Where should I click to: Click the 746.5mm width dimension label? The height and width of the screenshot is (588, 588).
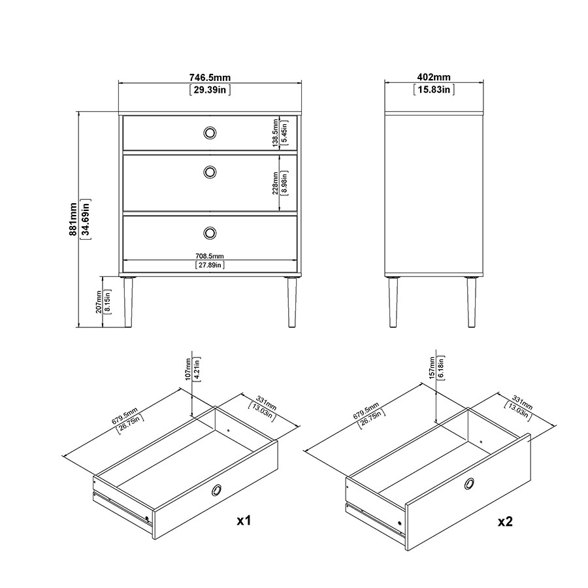point(210,78)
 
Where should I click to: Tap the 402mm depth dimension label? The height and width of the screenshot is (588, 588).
point(434,77)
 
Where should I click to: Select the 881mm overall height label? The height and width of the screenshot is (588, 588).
point(73,220)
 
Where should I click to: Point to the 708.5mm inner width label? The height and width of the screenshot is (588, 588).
point(210,256)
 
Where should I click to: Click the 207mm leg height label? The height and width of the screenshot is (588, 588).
point(99,302)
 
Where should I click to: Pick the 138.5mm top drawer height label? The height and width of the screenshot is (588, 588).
point(276,133)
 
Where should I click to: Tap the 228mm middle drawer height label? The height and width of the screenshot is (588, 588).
point(276,184)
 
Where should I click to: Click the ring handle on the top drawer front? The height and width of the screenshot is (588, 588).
point(210,133)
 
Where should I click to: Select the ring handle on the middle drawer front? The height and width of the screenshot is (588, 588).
point(210,172)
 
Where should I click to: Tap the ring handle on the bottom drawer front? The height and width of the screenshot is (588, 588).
point(210,233)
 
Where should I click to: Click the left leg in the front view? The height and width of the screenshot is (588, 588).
point(128,302)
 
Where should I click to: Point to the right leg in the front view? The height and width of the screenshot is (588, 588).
point(291,302)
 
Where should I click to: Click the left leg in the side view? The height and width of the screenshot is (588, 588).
point(393,302)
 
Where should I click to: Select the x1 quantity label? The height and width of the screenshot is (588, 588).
point(244,520)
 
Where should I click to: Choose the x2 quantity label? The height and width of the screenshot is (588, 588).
point(505,521)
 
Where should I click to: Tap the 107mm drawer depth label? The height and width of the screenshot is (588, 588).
point(188,369)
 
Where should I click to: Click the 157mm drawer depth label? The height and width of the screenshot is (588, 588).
point(432,368)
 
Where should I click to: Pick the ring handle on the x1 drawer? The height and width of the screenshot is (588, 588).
point(216,490)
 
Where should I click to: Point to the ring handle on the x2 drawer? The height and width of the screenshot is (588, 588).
point(469,483)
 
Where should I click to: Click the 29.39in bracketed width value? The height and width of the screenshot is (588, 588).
point(210,90)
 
